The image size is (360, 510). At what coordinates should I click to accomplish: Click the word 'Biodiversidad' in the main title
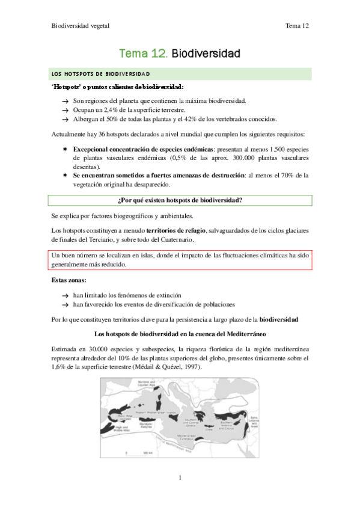point(206,54)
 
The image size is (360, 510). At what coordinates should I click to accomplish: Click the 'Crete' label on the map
point(210,429)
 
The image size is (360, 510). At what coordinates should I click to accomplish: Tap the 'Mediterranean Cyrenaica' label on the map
point(191,438)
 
